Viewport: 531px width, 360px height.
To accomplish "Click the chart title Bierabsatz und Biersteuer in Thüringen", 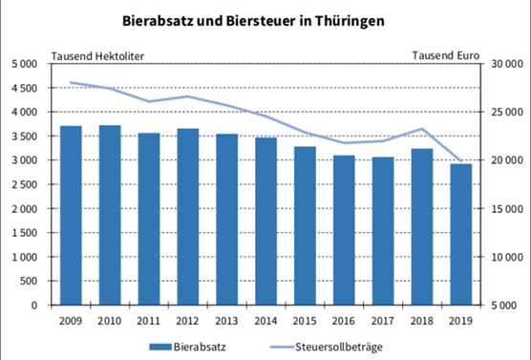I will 265,18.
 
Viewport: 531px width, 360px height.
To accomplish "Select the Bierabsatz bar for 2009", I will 71,216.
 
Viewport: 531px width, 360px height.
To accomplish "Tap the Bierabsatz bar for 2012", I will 188,217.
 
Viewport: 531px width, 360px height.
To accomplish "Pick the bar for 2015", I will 305,226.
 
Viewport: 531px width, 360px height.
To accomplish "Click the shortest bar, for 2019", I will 460,235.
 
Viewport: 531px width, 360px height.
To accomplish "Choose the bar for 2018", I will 421,227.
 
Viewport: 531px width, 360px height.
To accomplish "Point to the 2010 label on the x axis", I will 110,321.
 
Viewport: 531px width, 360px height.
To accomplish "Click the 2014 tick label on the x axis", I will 265,321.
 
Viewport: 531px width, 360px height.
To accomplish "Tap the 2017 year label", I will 382,321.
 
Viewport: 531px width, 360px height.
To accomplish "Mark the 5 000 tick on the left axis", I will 26,64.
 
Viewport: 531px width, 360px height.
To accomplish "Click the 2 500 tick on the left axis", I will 26,184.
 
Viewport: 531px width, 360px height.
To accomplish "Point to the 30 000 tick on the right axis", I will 504,64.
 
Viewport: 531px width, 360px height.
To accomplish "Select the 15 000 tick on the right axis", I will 504,209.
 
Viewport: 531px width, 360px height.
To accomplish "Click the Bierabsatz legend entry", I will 190,345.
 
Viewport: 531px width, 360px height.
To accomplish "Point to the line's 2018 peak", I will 421,129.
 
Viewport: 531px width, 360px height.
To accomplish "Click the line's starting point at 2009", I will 71,83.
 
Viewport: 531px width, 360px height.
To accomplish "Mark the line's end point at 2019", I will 460,160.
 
